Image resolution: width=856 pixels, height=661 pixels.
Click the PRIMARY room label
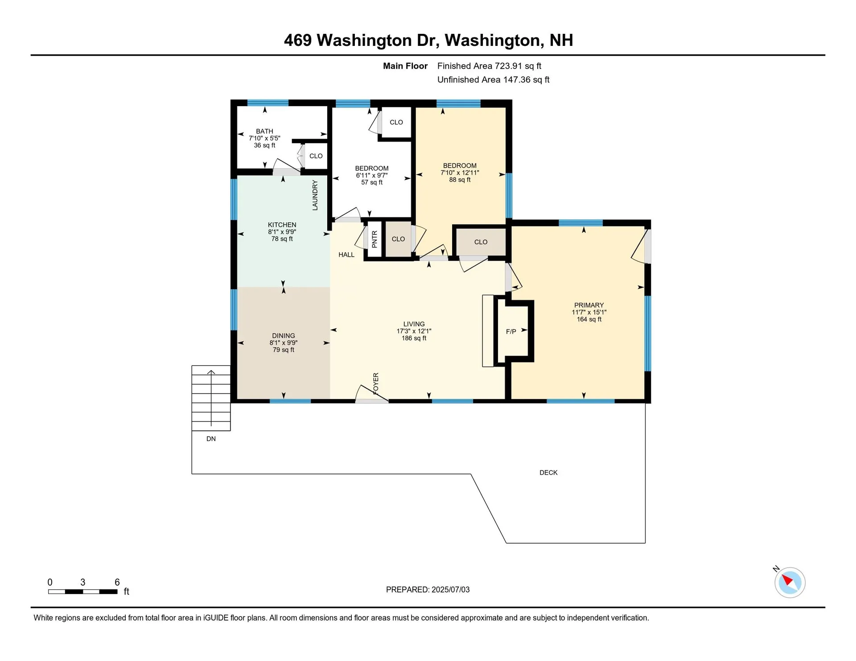(588, 305)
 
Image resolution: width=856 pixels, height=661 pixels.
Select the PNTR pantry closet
(374, 239)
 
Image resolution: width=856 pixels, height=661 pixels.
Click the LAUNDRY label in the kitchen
(315, 195)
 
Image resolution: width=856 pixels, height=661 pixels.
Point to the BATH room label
(264, 131)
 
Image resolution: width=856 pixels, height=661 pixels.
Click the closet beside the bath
(316, 156)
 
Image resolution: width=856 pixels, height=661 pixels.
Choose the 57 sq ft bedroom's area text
(371, 182)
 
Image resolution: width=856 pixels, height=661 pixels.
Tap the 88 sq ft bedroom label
(460, 166)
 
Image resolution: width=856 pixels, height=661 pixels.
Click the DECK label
(548, 472)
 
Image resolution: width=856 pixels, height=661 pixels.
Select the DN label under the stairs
(211, 439)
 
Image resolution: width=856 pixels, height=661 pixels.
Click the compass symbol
(790, 582)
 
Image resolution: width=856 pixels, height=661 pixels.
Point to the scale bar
(83, 592)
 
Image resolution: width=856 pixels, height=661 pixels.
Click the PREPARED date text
(428, 590)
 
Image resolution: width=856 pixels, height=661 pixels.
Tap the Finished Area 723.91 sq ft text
(489, 66)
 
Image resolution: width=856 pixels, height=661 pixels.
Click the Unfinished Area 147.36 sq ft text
(493, 80)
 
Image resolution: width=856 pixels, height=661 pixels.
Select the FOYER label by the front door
(376, 383)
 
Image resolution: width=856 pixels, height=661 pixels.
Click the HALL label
(346, 255)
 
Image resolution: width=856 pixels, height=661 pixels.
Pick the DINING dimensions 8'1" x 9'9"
(284, 343)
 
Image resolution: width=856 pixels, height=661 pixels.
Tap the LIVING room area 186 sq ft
(414, 338)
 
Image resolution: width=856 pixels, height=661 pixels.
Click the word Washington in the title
(364, 41)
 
